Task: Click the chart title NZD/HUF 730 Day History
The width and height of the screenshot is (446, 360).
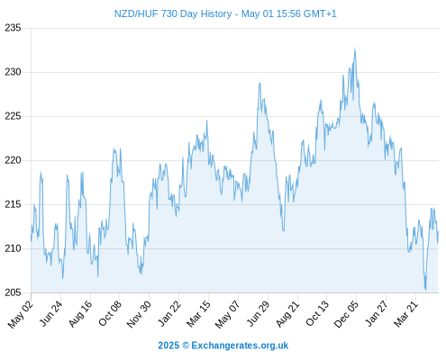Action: pyautogui.click(x=173, y=13)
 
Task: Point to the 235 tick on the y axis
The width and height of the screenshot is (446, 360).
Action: pyautogui.click(x=13, y=28)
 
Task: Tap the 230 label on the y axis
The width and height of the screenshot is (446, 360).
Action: pyautogui.click(x=13, y=72)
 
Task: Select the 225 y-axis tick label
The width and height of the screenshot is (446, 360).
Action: pyautogui.click(x=13, y=116)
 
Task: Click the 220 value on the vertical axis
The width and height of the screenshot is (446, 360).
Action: pyautogui.click(x=13, y=160)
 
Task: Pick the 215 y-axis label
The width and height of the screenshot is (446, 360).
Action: pyautogui.click(x=13, y=204)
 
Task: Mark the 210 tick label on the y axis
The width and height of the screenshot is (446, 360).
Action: pyautogui.click(x=13, y=248)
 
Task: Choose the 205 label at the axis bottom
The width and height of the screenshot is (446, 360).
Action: pyautogui.click(x=13, y=292)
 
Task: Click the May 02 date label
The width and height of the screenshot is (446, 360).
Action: pyautogui.click(x=21, y=314)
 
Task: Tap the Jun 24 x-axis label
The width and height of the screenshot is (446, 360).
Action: pyautogui.click(x=51, y=313)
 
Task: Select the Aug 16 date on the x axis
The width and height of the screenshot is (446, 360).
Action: pyautogui.click(x=80, y=313)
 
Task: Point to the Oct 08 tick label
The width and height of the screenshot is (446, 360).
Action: pyautogui.click(x=110, y=313)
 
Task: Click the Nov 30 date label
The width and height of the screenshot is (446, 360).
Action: pyautogui.click(x=139, y=314)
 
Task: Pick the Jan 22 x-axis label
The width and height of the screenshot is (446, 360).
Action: pyautogui.click(x=169, y=313)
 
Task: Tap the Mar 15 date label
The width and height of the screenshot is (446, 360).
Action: pyautogui.click(x=198, y=313)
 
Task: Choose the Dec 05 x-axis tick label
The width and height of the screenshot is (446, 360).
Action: pyautogui.click(x=346, y=314)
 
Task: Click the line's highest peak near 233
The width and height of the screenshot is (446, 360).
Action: pyautogui.click(x=355, y=49)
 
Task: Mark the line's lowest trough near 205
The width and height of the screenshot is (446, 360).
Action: pyautogui.click(x=425, y=290)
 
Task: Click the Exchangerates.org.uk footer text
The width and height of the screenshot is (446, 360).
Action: pyautogui.click(x=240, y=346)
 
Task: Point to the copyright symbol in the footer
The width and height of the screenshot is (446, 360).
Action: pyautogui.click(x=186, y=346)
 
